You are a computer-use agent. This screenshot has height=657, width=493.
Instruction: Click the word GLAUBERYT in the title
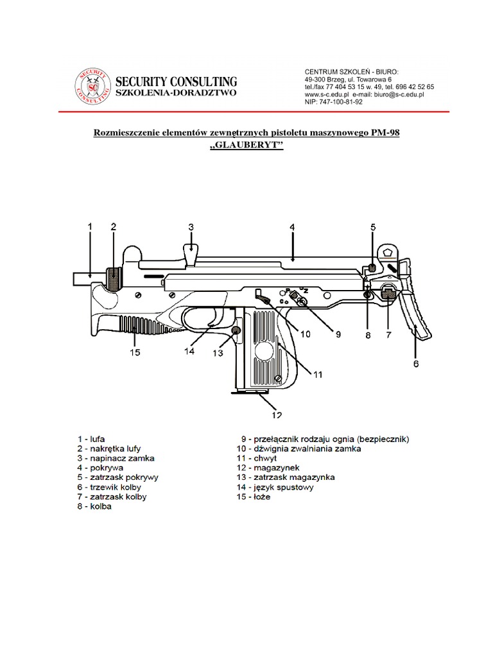(246, 146)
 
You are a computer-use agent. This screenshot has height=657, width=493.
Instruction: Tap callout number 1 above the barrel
(90, 226)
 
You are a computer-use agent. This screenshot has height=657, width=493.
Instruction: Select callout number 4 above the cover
(292, 227)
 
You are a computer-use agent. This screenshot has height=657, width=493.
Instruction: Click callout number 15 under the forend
(134, 352)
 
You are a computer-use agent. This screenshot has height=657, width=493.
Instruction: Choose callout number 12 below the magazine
(277, 414)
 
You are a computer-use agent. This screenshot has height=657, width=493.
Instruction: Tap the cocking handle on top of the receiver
(191, 252)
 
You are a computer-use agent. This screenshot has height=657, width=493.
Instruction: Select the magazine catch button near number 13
(236, 330)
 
